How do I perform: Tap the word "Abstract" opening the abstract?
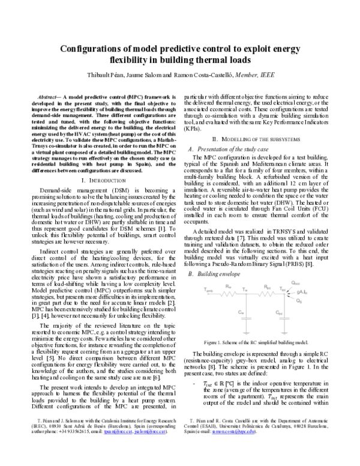coord(50,96)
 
